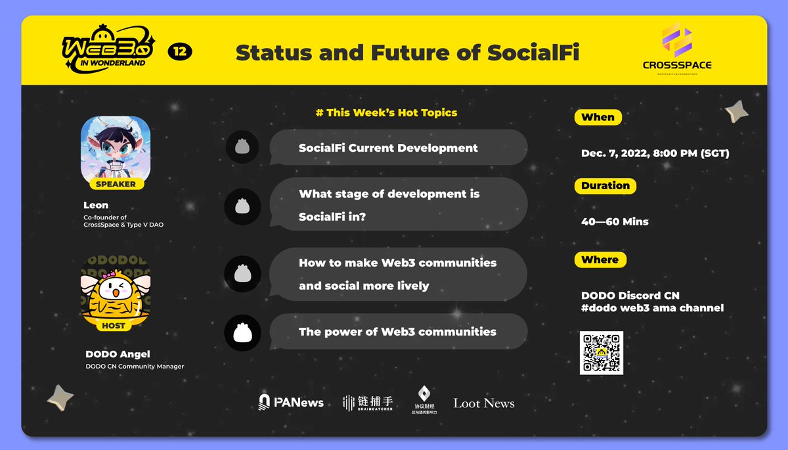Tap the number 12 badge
click(x=179, y=52)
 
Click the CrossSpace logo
click(x=677, y=50)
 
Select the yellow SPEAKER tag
click(x=116, y=184)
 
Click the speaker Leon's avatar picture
click(x=116, y=148)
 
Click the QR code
click(x=601, y=353)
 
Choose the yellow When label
click(x=598, y=118)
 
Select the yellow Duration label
click(x=605, y=186)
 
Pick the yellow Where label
click(x=600, y=259)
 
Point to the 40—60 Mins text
click(x=615, y=222)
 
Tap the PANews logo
click(x=291, y=402)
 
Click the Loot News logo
click(x=483, y=403)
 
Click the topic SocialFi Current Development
click(x=388, y=148)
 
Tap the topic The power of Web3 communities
click(x=397, y=332)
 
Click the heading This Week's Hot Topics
click(x=386, y=112)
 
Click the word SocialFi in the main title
click(x=533, y=53)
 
